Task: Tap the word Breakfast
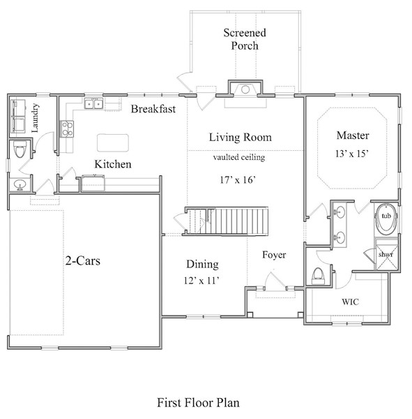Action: (153, 109)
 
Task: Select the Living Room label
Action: (241, 138)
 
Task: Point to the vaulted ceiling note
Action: (240, 158)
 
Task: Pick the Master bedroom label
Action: (353, 135)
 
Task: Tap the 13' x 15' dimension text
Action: (353, 152)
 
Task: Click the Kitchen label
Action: (113, 165)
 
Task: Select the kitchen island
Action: (114, 142)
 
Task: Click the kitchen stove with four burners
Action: (68, 128)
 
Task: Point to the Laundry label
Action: (34, 117)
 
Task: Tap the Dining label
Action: (202, 264)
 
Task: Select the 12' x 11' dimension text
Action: (202, 280)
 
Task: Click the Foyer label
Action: (274, 255)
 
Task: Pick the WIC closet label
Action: (350, 303)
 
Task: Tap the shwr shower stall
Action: (386, 254)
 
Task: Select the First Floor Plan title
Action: (197, 402)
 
